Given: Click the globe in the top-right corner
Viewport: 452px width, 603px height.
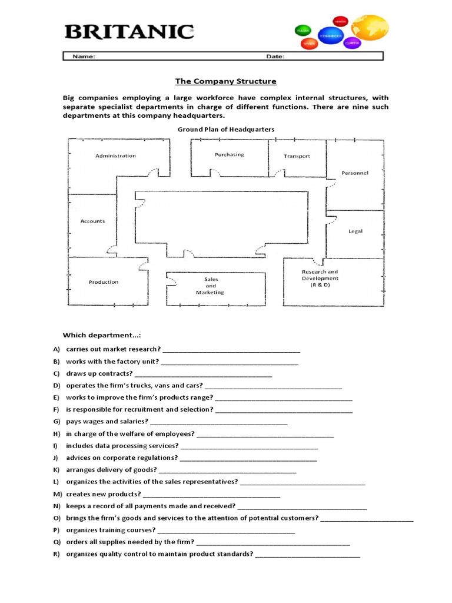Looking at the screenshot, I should [370, 31].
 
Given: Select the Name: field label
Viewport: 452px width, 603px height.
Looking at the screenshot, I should [84, 57].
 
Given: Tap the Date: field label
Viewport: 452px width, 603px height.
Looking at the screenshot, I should [275, 57].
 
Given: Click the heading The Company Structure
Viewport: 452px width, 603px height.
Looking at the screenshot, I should [226, 81].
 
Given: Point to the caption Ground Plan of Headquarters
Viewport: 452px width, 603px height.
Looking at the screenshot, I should [226, 129].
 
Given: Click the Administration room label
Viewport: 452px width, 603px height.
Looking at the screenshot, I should [115, 156].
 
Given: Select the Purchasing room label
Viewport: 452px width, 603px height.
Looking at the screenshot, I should [229, 155].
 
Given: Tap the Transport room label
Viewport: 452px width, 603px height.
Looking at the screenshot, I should [297, 156].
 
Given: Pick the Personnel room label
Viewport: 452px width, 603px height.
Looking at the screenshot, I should [355, 173].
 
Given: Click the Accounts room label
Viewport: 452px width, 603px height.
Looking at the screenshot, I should [92, 221].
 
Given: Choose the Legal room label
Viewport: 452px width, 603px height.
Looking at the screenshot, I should [355, 231].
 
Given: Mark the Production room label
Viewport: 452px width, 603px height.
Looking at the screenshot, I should [104, 282].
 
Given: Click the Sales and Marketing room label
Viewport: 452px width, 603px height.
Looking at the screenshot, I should [211, 286].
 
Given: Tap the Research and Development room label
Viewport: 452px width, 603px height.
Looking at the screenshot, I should [320, 278].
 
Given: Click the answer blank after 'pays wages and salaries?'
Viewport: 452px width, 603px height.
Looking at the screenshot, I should [219, 422].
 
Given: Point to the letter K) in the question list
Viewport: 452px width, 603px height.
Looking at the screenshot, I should [56, 470].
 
